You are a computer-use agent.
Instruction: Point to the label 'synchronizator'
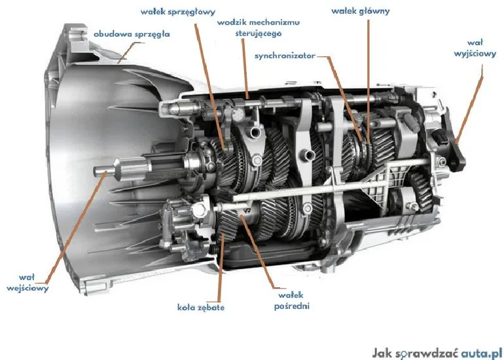pos(285,56)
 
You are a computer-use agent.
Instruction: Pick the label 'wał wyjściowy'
pos(475,49)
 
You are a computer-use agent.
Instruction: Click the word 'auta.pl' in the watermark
pos(478,352)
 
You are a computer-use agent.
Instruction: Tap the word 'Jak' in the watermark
pos(382,352)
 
